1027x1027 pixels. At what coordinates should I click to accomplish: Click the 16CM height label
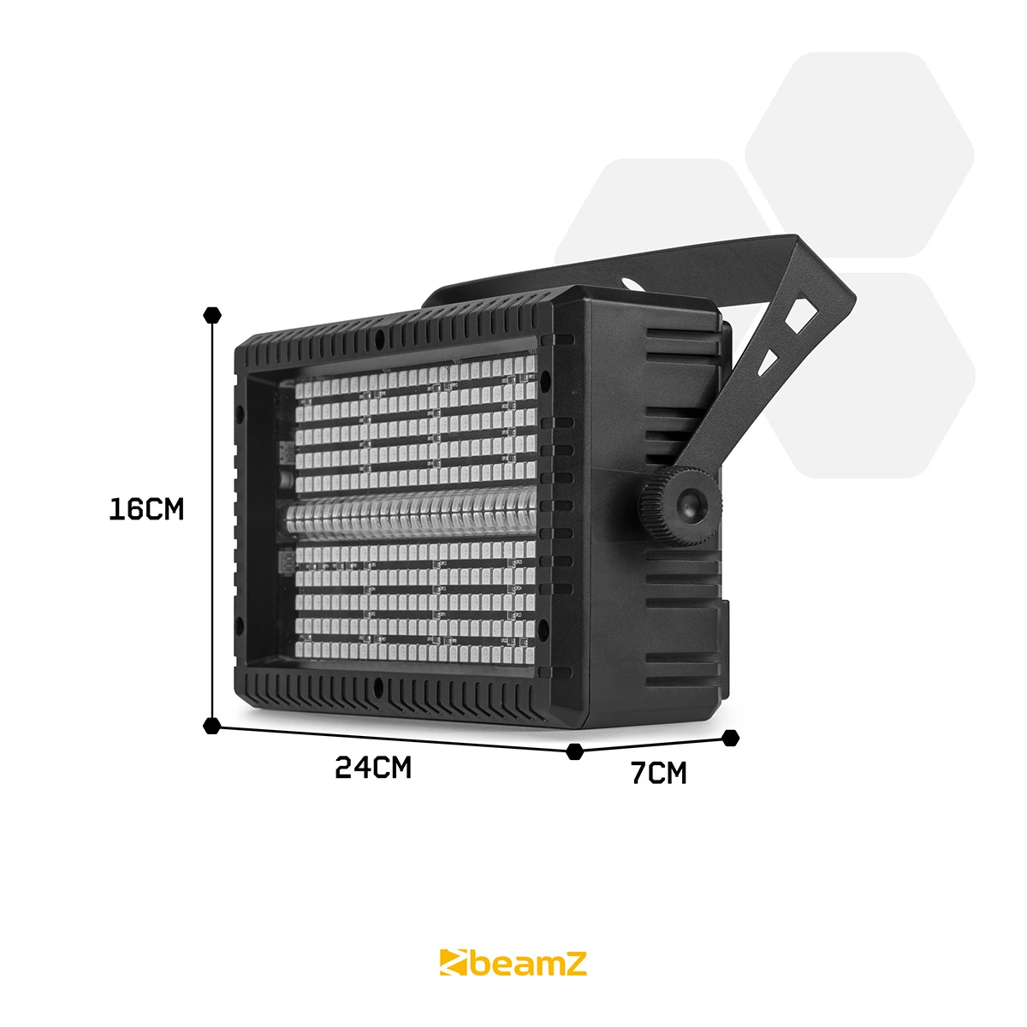coord(146,509)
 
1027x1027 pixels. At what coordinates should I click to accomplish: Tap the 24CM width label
coord(373,768)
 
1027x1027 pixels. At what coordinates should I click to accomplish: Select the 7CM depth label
coord(658,773)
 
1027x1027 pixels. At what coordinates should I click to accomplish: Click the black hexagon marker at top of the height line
coord(211,314)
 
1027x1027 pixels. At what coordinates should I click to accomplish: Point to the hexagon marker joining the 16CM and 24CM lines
coord(211,726)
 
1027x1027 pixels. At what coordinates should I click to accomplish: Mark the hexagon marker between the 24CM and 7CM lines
coord(575,751)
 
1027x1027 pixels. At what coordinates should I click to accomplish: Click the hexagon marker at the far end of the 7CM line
coord(730,737)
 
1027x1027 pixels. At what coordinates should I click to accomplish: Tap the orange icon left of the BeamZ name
coord(454,964)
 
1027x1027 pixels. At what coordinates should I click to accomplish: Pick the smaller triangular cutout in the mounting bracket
coord(771,360)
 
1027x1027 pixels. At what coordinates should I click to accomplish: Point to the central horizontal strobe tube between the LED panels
coord(411,517)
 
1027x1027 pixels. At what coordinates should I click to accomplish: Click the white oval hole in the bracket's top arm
coord(629,282)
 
